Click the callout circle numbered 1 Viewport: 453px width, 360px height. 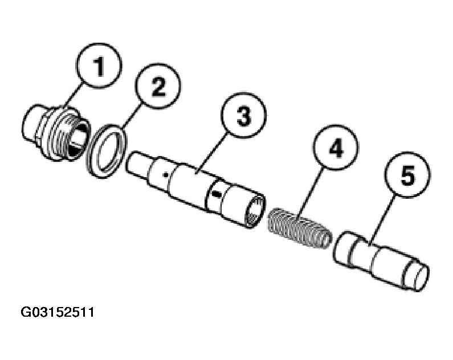tap(99, 66)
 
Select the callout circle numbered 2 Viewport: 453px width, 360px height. tap(158, 86)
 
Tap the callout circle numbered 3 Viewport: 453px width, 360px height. tap(243, 116)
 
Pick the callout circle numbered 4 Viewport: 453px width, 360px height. tap(336, 148)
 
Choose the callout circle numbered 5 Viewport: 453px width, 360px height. tap(407, 175)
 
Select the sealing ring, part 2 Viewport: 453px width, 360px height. tap(107, 152)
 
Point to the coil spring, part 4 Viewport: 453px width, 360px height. tap(300, 228)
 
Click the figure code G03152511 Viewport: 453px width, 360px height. tap(58, 312)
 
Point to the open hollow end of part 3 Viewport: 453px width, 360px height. tap(254, 211)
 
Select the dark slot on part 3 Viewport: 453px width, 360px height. tap(215, 194)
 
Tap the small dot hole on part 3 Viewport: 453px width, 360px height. tap(165, 174)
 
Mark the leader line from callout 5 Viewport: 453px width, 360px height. tap(381, 221)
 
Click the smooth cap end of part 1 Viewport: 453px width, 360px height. tap(30, 124)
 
